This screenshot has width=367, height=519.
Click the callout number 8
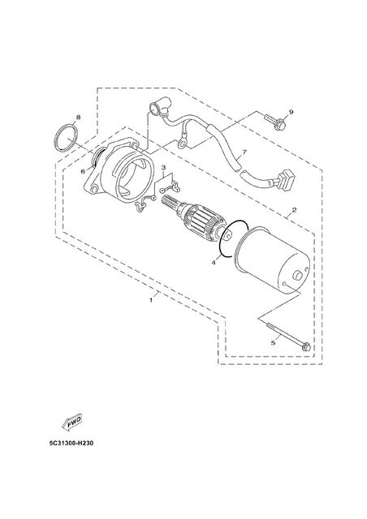pos(78,117)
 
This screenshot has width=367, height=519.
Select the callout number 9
pos(291,112)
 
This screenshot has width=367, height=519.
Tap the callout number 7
pos(244,152)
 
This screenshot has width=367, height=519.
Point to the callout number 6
pos(84,171)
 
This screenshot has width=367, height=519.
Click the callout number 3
pos(164,168)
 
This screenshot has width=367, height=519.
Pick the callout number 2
pos(294,210)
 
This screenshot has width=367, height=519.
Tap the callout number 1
pos(151,300)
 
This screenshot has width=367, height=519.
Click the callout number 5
pos(273,343)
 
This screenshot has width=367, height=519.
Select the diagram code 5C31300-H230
pos(71,444)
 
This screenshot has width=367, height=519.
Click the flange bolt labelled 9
pos(276,122)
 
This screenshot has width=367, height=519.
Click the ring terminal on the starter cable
pos(181,143)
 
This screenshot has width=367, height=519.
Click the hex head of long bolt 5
pos(306,347)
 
